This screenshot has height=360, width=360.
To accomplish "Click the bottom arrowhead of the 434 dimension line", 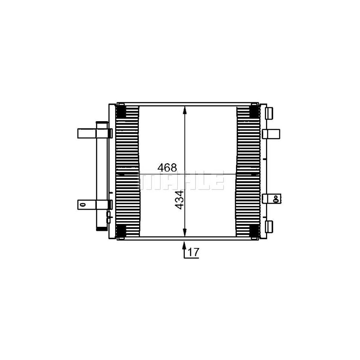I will [184, 233].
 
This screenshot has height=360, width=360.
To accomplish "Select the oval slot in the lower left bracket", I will [83, 204].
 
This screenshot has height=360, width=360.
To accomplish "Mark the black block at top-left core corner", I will [121, 111].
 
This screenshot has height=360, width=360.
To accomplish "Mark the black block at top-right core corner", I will [254, 111].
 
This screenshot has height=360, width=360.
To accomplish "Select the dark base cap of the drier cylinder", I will [102, 229].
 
